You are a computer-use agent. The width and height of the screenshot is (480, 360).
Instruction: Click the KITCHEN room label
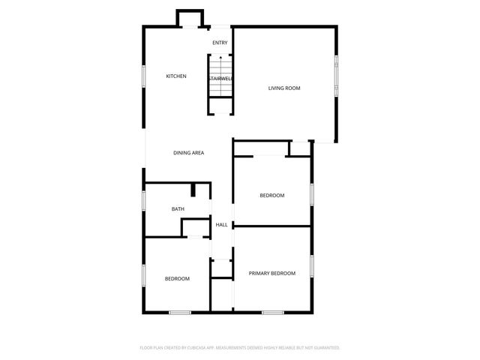click(x=176, y=76)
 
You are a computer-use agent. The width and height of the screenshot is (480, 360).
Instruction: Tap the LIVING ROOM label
click(x=284, y=88)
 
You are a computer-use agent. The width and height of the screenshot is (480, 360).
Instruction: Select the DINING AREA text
click(x=189, y=153)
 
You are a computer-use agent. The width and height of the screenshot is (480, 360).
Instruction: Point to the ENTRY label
click(x=220, y=43)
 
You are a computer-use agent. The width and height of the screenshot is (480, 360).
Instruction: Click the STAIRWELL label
click(x=220, y=78)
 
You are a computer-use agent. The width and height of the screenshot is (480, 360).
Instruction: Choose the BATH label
click(x=178, y=209)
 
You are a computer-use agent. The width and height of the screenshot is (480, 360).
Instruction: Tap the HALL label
click(x=222, y=225)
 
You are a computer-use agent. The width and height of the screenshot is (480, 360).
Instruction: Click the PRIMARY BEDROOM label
click(x=272, y=274)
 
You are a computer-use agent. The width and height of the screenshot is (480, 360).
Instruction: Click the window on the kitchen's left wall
click(x=144, y=76)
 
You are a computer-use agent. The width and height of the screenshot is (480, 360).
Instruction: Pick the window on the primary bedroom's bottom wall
click(x=272, y=312)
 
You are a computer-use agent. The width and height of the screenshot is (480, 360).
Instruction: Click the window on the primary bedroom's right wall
click(x=311, y=266)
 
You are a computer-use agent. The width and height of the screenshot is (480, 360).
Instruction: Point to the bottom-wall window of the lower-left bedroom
click(x=179, y=312)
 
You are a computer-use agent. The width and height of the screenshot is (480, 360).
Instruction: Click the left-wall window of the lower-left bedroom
click(x=144, y=275)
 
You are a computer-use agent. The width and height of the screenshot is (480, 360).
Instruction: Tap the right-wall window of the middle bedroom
click(x=311, y=194)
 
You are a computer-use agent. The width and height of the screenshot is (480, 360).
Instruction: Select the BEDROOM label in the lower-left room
click(x=177, y=279)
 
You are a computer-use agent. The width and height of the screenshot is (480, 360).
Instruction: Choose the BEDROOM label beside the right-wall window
click(x=272, y=196)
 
